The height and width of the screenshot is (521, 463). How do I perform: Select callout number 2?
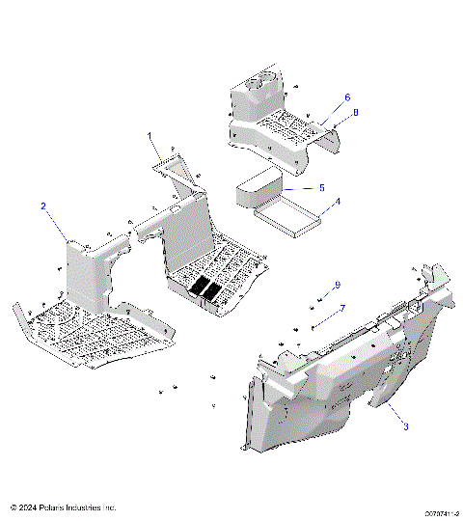[43, 206]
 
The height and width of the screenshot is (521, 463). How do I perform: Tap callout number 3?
[406, 426]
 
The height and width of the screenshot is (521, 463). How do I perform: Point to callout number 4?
[337, 203]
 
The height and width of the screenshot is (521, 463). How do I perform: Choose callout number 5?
[321, 187]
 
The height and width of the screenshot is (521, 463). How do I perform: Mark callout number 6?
[347, 97]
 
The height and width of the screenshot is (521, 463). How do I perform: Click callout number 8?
[354, 113]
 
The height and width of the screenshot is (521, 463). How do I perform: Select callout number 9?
[338, 285]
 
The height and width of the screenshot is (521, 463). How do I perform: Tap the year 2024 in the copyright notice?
[28, 507]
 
